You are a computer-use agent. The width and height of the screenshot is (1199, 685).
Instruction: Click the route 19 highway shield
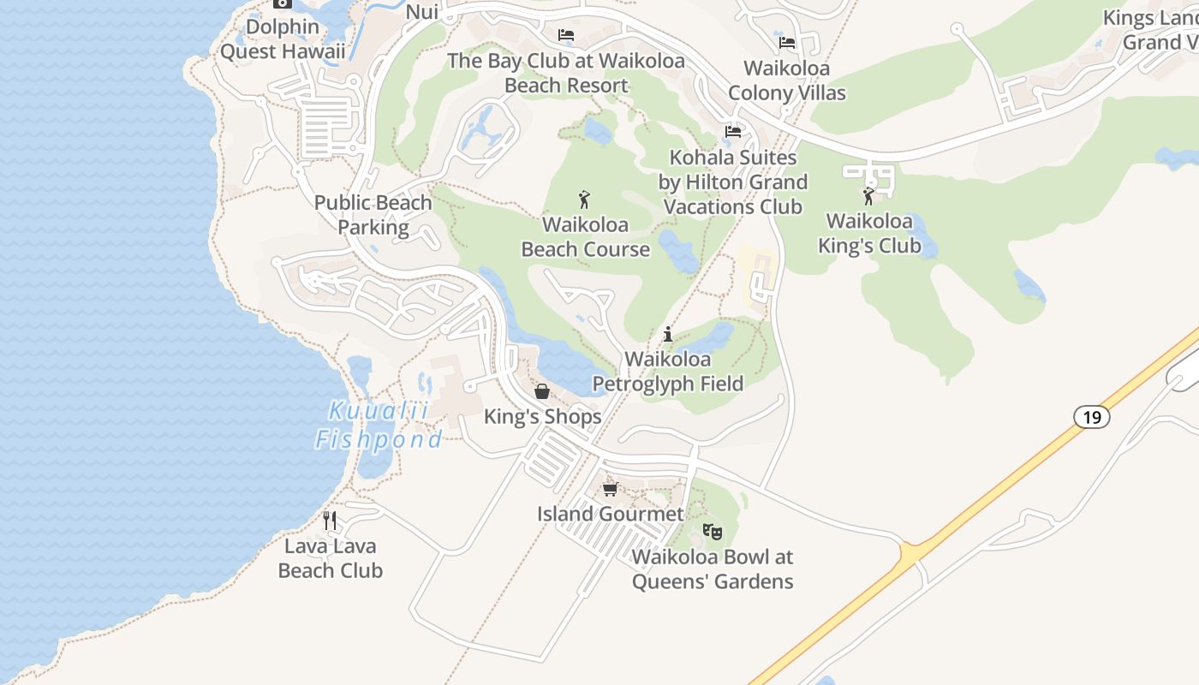point(1091,418)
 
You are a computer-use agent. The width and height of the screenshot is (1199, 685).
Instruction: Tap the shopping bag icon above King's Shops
point(542,392)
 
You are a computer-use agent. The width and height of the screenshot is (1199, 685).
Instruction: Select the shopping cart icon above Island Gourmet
point(610,489)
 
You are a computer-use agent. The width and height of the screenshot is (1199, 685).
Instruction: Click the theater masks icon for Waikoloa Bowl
point(712,532)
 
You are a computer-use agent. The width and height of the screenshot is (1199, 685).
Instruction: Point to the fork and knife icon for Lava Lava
point(330,520)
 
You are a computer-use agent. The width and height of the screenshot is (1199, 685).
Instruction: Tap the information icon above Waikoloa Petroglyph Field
point(668,335)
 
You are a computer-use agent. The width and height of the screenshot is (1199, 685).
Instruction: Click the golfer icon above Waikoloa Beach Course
point(585,200)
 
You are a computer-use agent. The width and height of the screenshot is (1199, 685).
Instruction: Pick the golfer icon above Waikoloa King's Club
point(869,196)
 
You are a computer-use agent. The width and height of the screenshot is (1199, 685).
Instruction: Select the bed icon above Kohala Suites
point(733,132)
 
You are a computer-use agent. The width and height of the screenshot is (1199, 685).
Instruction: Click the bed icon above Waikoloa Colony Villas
point(787,42)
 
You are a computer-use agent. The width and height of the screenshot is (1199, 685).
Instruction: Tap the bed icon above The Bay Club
point(566,35)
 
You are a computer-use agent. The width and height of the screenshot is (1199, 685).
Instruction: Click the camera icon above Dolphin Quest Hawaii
point(282,3)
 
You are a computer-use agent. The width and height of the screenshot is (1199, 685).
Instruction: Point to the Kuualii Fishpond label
point(379,426)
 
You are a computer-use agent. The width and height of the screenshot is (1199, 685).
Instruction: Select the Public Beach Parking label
point(373,215)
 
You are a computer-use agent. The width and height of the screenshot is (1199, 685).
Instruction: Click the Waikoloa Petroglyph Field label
point(668,372)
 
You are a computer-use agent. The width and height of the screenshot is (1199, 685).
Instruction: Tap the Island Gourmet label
point(610,514)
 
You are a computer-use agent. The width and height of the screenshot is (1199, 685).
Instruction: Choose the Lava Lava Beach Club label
point(330,558)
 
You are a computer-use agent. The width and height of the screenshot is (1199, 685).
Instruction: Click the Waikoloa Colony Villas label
point(787,80)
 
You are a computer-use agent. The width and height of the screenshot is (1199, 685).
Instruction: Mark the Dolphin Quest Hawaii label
point(283,39)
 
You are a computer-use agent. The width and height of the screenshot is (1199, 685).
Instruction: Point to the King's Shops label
point(543,417)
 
